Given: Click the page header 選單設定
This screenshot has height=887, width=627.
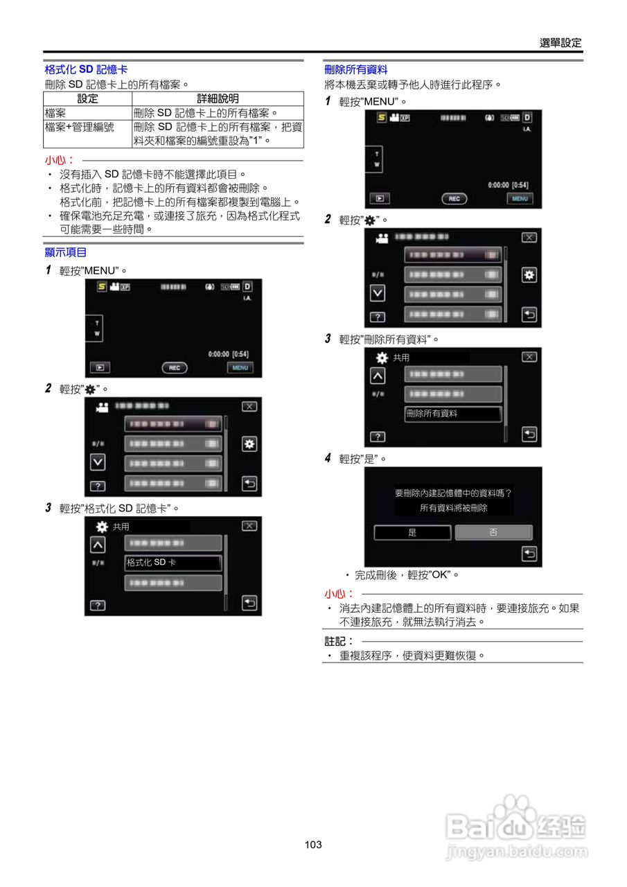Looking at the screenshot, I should pos(560,43).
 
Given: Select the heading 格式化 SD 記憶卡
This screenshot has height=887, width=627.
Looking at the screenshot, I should pos(86,70).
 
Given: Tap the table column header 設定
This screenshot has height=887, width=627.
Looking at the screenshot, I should pos(87,99).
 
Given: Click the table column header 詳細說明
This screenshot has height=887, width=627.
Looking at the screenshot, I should pos(218,99).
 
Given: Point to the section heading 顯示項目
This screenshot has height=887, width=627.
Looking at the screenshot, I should pos(66,252).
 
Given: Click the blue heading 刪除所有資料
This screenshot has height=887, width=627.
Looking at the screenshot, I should pos(355,69).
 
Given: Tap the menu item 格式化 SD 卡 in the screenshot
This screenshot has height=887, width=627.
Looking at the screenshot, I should pos(173,563).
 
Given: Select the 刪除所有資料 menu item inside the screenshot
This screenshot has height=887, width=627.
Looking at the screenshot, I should pos(453,414).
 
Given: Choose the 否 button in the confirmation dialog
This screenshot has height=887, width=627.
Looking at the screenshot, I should pos(493,532).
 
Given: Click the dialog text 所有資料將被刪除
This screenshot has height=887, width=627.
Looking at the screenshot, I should pos(454,508).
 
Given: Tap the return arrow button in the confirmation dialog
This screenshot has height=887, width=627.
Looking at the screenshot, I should pos(529,553).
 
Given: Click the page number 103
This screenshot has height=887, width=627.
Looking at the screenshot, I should pos(313,845).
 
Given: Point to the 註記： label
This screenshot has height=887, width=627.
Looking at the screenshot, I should pos(339,641).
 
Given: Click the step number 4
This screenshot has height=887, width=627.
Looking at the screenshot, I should pos(328,458).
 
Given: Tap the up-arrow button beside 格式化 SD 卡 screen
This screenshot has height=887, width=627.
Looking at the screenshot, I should pos(98,544).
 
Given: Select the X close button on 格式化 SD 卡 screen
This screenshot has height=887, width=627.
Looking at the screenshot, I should pos(249,526).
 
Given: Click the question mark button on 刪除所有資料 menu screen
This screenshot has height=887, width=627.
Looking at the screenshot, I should pos(377,437).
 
